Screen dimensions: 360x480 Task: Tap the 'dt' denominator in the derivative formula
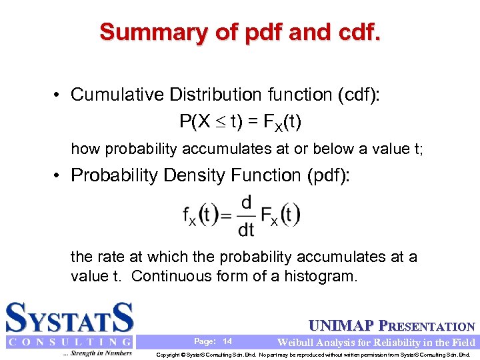click(x=246, y=230)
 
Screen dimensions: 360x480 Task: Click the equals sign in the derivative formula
click(x=227, y=215)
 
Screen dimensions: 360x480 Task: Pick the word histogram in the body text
click(x=319, y=275)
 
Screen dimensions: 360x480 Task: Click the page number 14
click(x=227, y=341)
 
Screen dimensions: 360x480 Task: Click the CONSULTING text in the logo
click(x=69, y=342)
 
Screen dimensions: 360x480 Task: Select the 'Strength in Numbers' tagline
click(x=97, y=353)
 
